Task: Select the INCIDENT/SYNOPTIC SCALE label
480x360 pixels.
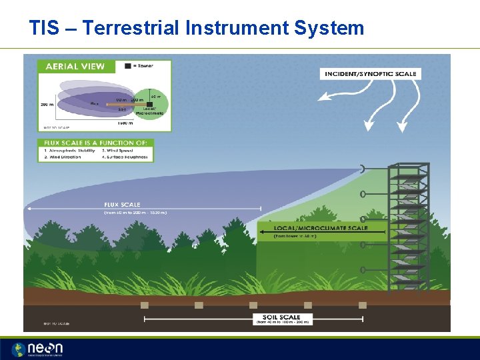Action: pos(370,73)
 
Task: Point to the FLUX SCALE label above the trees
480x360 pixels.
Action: pos(122,205)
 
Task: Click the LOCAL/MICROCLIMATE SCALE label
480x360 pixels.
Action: pos(321,228)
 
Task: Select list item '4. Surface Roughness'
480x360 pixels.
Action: pos(127,158)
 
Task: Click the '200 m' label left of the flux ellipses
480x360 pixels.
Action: pos(47,105)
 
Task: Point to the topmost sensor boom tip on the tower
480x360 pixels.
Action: pos(363,169)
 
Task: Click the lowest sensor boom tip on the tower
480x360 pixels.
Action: pos(363,270)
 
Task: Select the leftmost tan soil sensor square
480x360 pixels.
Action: pos(145,305)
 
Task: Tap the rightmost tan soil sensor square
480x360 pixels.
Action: pos(362,305)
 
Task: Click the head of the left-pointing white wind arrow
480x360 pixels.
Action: pos(322,97)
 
